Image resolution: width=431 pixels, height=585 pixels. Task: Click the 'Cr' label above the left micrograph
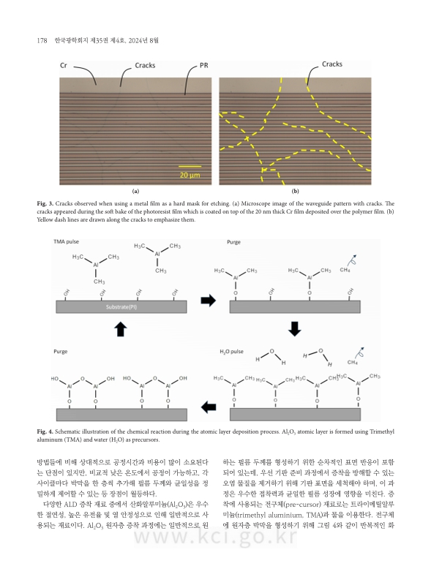click(x=64, y=66)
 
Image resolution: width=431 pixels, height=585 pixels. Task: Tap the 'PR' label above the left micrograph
click(x=204, y=66)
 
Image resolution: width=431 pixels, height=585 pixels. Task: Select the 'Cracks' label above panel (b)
click(x=334, y=65)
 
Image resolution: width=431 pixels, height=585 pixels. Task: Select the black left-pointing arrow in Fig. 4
click(x=209, y=407)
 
